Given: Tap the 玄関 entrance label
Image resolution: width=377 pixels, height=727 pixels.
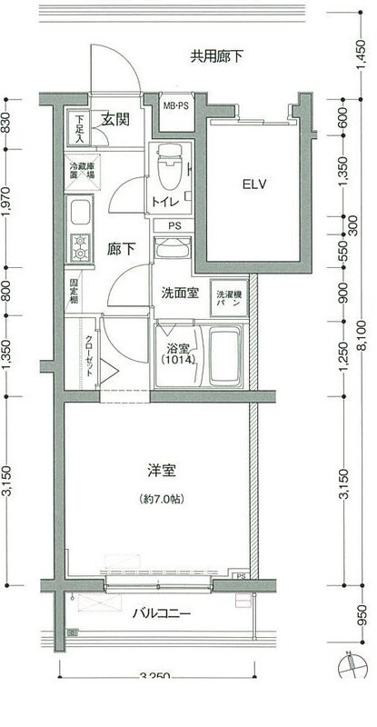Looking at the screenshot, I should tap(113, 118).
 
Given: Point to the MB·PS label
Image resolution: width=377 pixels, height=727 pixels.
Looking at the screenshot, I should tap(175, 106).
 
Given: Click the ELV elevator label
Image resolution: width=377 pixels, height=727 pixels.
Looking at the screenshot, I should tap(253, 184).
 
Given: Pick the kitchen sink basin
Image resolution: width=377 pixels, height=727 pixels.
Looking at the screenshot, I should tap(78, 219).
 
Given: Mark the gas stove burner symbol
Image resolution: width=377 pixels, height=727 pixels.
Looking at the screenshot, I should tap(79, 247).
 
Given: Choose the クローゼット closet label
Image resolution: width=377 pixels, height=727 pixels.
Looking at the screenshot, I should tap(89, 350).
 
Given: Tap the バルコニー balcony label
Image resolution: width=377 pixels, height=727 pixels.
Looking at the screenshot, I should tap(163, 613).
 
